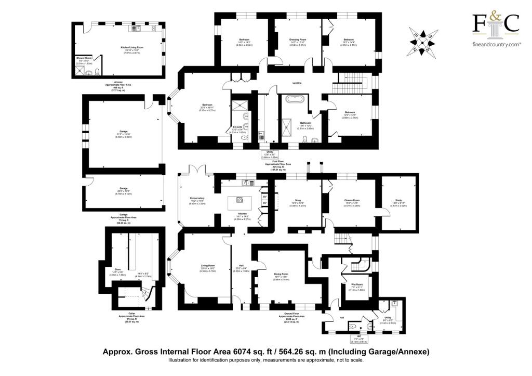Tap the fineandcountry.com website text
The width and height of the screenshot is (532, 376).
(496, 45)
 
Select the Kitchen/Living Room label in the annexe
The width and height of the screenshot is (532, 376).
(128, 47)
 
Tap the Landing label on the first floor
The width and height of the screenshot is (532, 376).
(297, 83)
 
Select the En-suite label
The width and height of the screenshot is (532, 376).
(238, 126)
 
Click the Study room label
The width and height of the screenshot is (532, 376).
(399, 200)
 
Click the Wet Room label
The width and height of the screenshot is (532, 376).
(356, 284)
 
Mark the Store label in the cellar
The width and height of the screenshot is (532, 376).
(117, 269)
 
